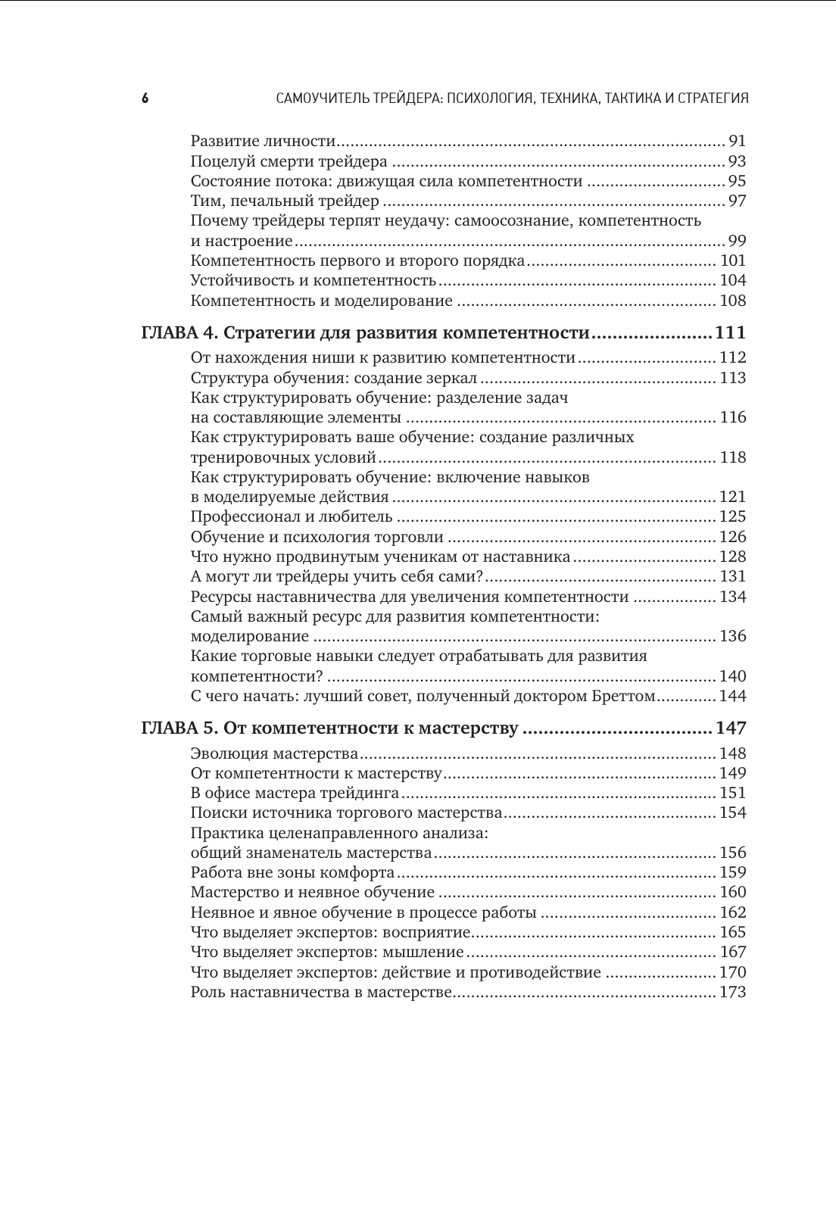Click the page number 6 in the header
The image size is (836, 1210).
[x=145, y=98]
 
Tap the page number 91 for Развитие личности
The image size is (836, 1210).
[x=737, y=141]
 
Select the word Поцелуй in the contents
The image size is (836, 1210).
[x=219, y=161]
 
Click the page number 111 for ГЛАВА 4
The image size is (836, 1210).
[x=730, y=333]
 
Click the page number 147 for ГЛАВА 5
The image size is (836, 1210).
[x=731, y=728]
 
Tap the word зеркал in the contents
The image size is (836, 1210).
[x=452, y=378]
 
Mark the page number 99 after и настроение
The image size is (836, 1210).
[x=737, y=242]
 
